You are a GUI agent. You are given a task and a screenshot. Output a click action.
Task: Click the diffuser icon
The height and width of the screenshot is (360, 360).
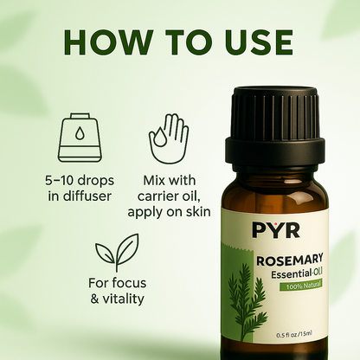coord(80,138)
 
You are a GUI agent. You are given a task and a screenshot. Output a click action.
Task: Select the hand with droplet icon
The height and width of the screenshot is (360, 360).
coord(169,138)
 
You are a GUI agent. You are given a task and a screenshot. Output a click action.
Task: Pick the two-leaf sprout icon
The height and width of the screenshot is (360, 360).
coord(117,253)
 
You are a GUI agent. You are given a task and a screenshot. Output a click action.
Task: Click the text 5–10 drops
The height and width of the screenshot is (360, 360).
coord(80,181)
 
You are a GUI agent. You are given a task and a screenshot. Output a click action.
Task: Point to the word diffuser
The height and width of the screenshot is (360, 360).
coord(87,196)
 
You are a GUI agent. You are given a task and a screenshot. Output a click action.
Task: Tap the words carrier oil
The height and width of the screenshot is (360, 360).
coord(169,196)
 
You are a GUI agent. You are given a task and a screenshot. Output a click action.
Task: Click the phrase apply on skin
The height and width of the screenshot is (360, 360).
coord(169,212)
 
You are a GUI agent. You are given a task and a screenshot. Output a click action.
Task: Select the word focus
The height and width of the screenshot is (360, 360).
coord(130,283)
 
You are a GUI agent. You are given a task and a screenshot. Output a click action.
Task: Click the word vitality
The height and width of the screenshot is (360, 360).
coord(123,299)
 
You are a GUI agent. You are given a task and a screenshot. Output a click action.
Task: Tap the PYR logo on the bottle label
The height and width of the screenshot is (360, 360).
coord(276,230)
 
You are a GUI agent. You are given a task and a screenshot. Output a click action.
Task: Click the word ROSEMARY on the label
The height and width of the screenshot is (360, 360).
coord(289,260)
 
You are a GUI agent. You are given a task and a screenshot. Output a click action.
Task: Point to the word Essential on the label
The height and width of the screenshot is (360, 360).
coord(291,274)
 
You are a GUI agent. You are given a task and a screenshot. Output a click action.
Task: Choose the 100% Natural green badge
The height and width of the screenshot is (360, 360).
coord(300,286)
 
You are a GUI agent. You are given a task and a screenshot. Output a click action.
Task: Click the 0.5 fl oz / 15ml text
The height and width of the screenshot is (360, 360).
coord(294,335)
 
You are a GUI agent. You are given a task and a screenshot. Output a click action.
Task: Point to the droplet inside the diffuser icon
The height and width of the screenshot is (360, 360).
coord(80,133)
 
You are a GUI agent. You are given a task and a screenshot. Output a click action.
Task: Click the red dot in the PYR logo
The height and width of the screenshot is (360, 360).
coord(267,224)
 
